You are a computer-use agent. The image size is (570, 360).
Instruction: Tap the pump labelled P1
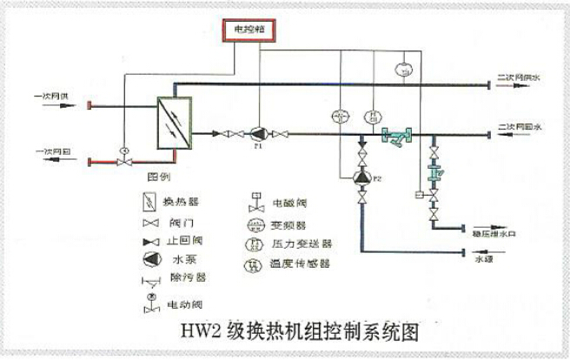257,134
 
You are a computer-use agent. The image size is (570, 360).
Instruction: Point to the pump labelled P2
361,177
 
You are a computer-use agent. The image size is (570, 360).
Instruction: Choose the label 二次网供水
519,78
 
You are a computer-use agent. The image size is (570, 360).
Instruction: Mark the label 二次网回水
519,128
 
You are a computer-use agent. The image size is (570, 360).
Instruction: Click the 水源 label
484,258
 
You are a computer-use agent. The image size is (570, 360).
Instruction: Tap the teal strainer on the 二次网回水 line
397,135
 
